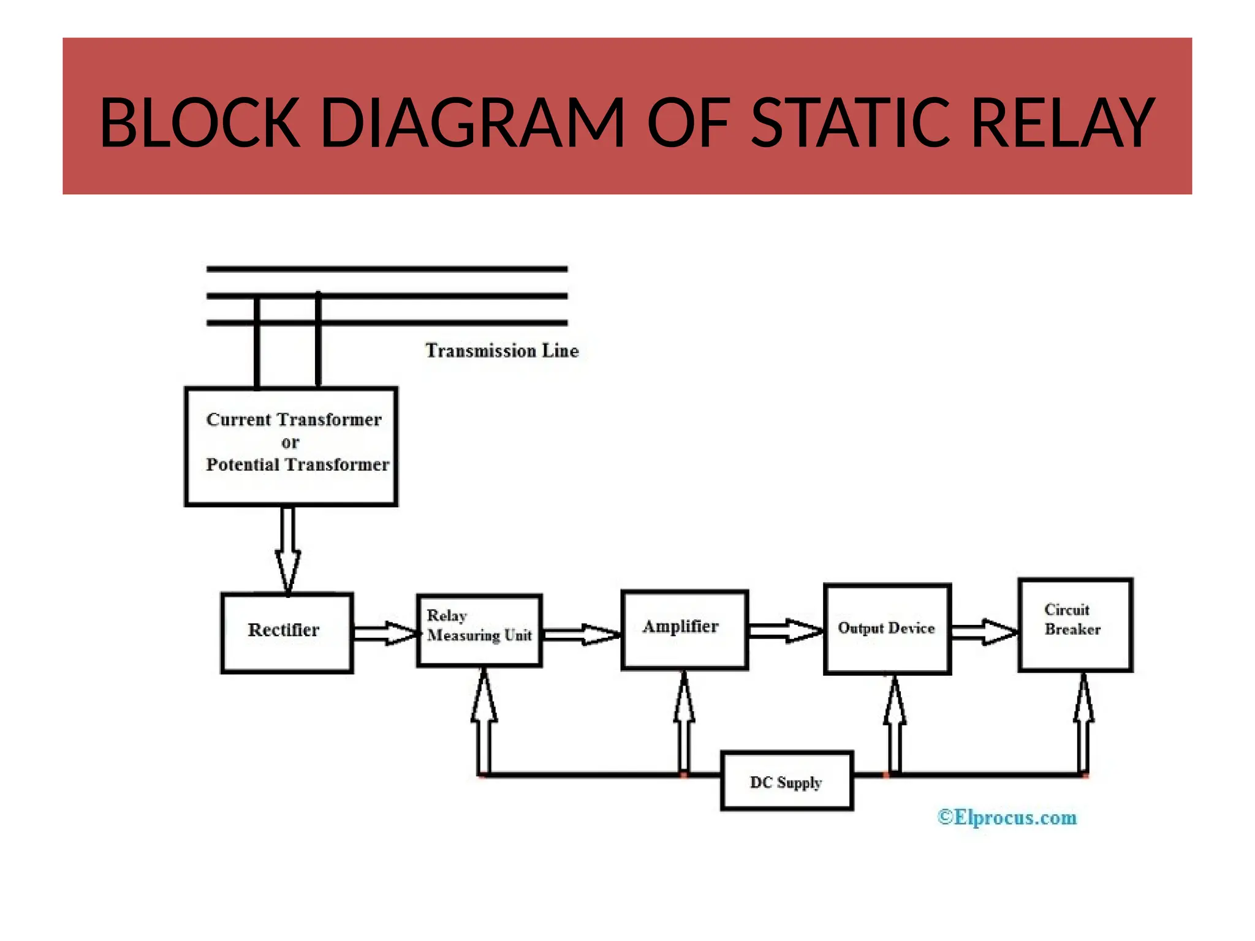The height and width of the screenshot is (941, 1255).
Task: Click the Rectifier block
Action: [x=287, y=633]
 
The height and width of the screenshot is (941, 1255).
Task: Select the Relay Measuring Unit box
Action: [x=479, y=630]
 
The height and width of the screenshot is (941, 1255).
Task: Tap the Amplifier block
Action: [x=684, y=630]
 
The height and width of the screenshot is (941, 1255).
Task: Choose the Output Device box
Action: [x=887, y=629]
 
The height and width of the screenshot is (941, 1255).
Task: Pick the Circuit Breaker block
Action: [x=1075, y=625]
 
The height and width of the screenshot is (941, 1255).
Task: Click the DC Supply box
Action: [x=787, y=781]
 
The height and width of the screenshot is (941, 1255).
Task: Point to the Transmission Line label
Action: [x=502, y=351]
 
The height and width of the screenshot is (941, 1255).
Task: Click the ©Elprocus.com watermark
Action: [x=1007, y=817]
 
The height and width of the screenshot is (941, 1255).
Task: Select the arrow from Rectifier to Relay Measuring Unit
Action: [x=385, y=633]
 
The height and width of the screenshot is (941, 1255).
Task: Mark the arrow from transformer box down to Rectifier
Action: [x=288, y=548]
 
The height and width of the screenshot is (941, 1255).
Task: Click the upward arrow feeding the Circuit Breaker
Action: [x=1083, y=723]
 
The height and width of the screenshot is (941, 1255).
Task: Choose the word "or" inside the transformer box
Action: [x=290, y=442]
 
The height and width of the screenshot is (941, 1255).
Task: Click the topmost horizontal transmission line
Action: [x=387, y=269]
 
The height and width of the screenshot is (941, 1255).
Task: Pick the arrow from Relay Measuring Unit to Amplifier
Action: [x=581, y=634]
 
